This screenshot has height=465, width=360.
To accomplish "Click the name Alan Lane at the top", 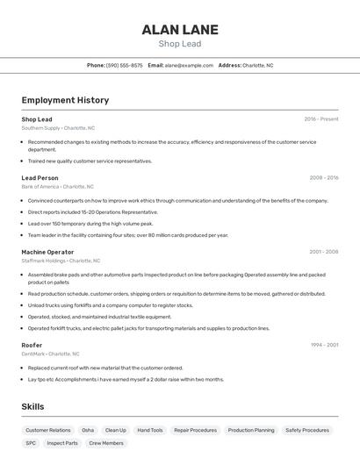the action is [180, 29].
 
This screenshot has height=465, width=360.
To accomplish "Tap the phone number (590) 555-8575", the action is [125, 65].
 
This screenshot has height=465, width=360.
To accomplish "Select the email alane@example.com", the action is [189, 65].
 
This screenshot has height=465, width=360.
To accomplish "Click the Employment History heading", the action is [65, 100].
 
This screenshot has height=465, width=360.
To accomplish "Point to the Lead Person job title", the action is [40, 178].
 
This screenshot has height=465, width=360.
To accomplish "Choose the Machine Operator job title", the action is [47, 252].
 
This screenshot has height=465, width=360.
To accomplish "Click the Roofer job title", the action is [32, 345].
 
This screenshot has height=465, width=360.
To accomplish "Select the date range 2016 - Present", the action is [321, 119].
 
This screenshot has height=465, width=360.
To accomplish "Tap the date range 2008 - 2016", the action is [324, 178].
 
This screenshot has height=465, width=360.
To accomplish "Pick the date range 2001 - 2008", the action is [324, 252].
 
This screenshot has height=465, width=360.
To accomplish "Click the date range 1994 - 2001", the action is [324, 345].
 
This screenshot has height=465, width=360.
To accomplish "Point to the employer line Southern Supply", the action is [58, 128].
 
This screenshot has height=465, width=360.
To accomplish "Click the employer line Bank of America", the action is [57, 187].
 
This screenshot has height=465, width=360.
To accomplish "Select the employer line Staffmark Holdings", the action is [61, 261].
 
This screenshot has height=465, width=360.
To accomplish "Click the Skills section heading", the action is [32, 407].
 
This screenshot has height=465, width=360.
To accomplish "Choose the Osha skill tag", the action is [88, 430].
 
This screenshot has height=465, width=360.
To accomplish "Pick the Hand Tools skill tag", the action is [150, 430].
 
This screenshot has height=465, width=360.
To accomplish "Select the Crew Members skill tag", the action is [106, 443].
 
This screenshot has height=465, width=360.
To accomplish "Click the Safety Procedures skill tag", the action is [307, 430].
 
